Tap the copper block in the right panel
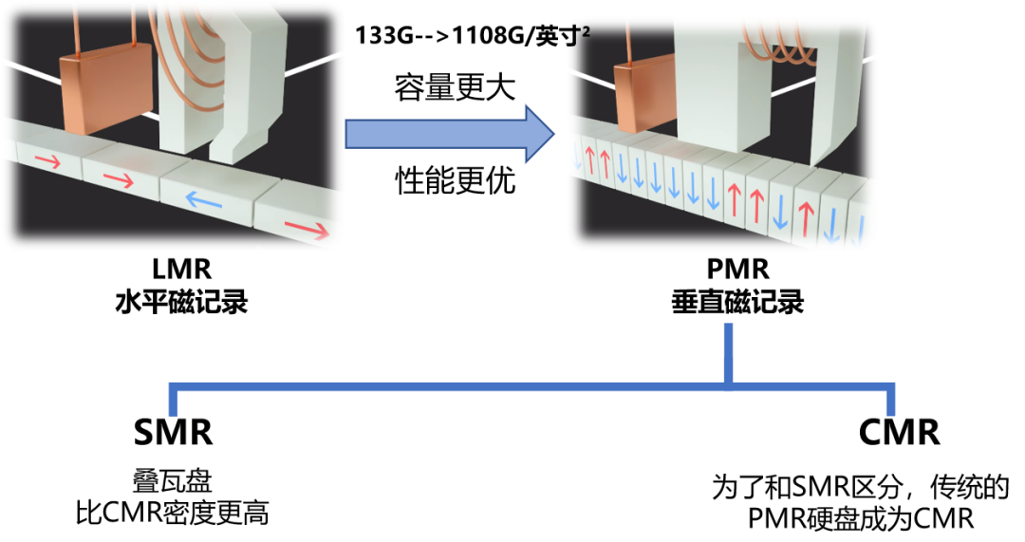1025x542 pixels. coord(644,97)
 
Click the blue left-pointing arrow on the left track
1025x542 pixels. coord(203,199)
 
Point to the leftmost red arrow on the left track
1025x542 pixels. coord(47,162)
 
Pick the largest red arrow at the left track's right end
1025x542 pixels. coord(307,229)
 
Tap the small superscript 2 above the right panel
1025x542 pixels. coord(586,32)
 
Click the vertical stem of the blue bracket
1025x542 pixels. coord(729,353)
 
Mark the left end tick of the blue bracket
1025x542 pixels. coord(173,400)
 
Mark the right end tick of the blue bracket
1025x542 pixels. coord(890,400)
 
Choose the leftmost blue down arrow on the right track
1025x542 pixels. coord(576,157)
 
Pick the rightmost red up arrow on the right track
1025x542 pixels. coord(806,216)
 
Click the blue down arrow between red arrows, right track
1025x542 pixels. coord(780,211)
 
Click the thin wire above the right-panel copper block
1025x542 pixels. coord(628,43)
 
